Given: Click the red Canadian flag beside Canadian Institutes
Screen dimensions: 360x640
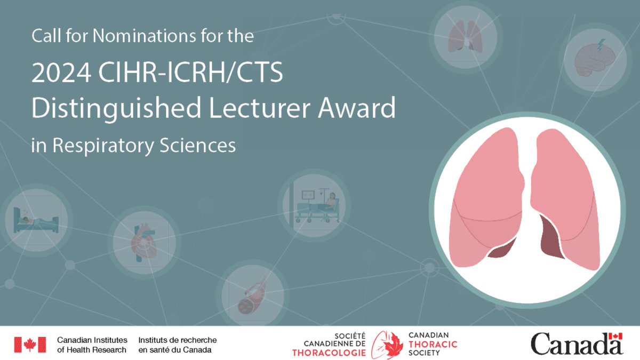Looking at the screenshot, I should pos(30,345).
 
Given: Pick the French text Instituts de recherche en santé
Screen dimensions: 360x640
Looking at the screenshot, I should pos(177,345).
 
